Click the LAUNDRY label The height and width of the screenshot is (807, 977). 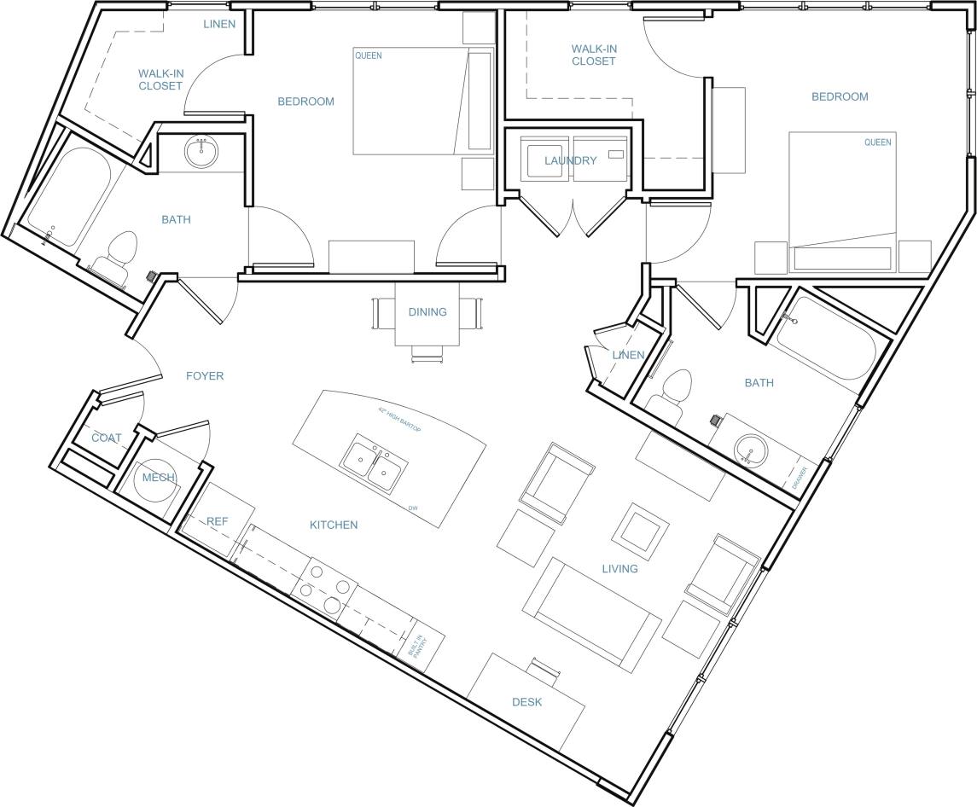click(x=571, y=160)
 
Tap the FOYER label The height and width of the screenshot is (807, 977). click(x=205, y=375)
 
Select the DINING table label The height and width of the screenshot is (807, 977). click(x=427, y=311)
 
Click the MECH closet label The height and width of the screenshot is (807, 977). click(x=158, y=478)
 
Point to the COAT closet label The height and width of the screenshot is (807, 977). click(x=107, y=438)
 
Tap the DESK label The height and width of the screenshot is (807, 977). click(x=526, y=702)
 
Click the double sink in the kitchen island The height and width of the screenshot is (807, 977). click(x=374, y=465)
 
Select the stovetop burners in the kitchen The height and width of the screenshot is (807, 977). click(x=325, y=589)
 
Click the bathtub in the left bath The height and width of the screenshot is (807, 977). click(x=67, y=197)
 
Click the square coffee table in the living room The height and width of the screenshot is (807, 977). click(x=638, y=527)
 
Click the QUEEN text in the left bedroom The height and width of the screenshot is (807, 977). click(x=368, y=56)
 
